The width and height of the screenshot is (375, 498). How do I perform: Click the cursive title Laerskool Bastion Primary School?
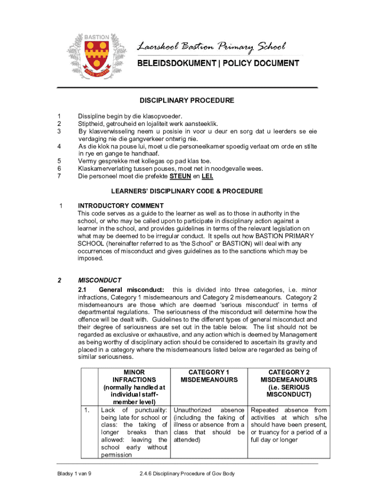[211, 47]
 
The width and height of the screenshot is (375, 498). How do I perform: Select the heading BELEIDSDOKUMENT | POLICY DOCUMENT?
[218, 63]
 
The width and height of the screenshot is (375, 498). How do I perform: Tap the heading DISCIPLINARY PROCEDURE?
[187, 101]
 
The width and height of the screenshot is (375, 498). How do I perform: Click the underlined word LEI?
[207, 177]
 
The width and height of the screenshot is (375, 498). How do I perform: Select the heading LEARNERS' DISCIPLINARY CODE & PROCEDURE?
[187, 191]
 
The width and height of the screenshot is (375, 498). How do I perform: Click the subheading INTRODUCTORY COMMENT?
[121, 206]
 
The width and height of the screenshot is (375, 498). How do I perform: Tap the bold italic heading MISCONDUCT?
[99, 281]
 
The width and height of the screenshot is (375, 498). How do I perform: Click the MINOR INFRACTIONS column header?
[134, 387]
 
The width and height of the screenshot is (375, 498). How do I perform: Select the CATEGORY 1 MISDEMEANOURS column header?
[209, 376]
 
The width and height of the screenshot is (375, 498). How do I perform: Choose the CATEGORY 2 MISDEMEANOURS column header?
[289, 383]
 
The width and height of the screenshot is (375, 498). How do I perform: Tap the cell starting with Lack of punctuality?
[134, 432]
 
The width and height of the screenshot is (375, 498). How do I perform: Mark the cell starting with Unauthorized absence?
[209, 425]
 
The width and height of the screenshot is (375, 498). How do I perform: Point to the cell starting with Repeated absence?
[289, 425]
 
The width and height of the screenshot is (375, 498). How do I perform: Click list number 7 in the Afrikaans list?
[59, 177]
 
